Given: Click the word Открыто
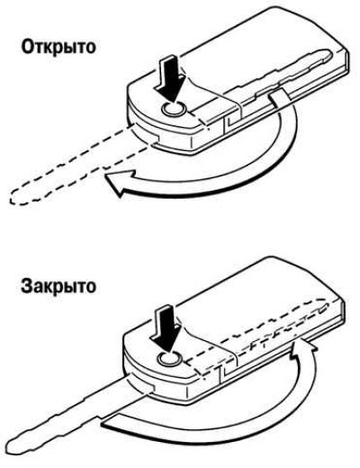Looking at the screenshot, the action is pyautogui.click(x=58, y=47).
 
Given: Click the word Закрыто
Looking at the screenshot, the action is pyautogui.click(x=58, y=286).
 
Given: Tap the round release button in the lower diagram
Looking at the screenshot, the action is pyautogui.click(x=170, y=358).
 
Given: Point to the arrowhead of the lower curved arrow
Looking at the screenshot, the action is pyautogui.click(x=303, y=349).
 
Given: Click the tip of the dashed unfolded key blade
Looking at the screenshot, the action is pyautogui.click(x=12, y=198).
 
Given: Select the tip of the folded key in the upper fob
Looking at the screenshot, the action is pyautogui.click(x=330, y=54).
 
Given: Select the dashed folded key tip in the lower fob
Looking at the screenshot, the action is pyautogui.click(x=327, y=303).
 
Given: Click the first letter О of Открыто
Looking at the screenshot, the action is pyautogui.click(x=27, y=48).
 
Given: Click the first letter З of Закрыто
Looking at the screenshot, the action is pyautogui.click(x=26, y=286).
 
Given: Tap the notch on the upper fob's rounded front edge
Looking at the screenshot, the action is pyautogui.click(x=158, y=139).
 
